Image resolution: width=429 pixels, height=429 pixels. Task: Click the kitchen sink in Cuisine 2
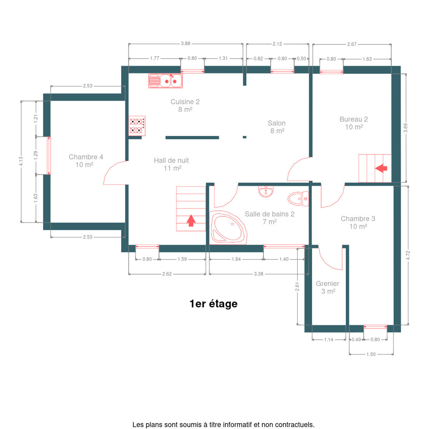click(x=165, y=81)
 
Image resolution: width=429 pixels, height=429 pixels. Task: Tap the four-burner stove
click(x=137, y=126)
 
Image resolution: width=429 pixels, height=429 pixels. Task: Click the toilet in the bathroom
click(x=298, y=198)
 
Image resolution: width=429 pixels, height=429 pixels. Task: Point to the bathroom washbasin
click(x=265, y=192)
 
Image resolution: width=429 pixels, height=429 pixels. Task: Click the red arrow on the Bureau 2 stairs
click(x=381, y=168)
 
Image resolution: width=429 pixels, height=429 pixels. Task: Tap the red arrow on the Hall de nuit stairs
click(x=191, y=220)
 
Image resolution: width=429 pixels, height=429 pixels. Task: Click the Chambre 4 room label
click(x=86, y=161)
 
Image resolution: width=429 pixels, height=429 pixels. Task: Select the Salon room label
click(x=277, y=127)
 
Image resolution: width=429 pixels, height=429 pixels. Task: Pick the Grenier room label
click(x=327, y=287)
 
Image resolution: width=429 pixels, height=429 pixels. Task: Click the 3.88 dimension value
click(x=185, y=43)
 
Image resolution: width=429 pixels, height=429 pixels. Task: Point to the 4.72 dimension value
click(x=408, y=255)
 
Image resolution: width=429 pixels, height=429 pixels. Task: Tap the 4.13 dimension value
click(x=21, y=161)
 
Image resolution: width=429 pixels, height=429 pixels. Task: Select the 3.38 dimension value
click(x=259, y=274)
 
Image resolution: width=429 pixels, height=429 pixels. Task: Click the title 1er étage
click(x=214, y=304)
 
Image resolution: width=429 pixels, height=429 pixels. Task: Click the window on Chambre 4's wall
click(x=49, y=156)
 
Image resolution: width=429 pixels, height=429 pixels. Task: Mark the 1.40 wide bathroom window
click(x=284, y=246)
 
